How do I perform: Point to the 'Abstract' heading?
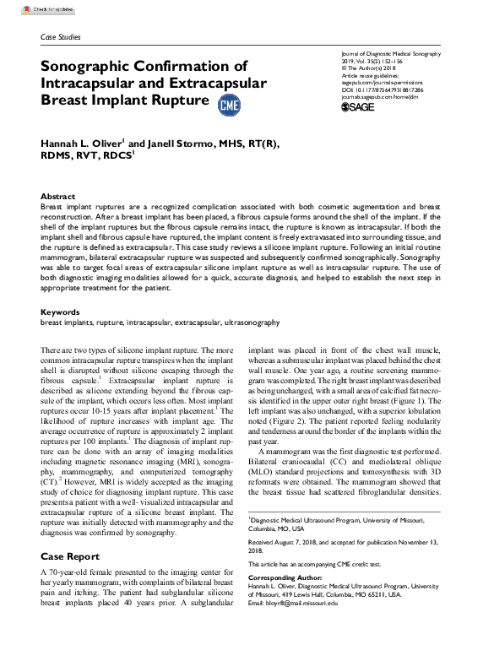(x=58, y=196)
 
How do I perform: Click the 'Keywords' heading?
(x=61, y=312)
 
